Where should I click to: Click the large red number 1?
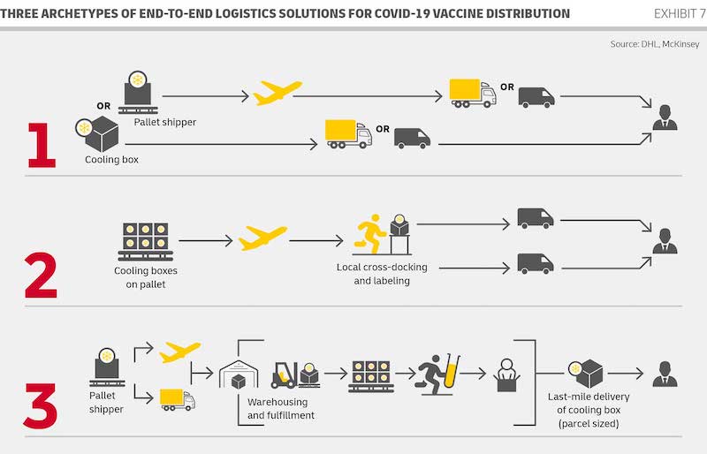point(40,144)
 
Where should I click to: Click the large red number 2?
point(41,275)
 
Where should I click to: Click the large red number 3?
point(41,402)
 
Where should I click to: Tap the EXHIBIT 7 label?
point(678,13)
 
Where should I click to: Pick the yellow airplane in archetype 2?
point(262,238)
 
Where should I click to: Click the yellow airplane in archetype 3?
point(179,352)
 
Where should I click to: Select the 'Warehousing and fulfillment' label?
point(281,408)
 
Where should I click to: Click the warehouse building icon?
point(238,375)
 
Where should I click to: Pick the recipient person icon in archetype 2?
point(665,239)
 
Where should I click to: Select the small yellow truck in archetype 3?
point(177,399)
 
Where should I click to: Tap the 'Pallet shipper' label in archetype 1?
point(165,122)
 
